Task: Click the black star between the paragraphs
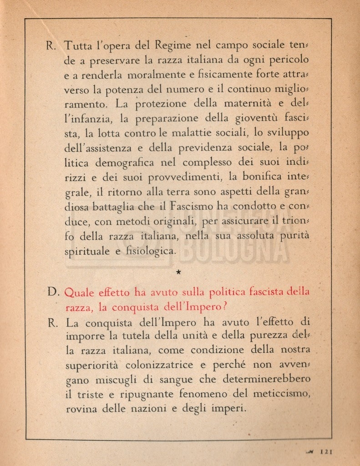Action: [178, 272]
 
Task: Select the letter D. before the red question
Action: [52, 293]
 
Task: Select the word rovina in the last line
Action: [81, 408]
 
